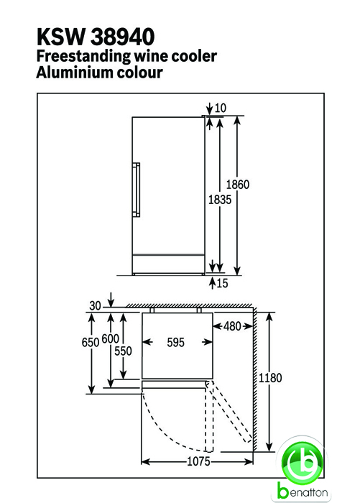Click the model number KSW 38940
tap(96, 37)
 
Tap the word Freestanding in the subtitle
tap(83, 57)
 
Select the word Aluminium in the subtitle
tap(75, 72)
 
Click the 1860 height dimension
tap(238, 185)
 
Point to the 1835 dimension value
tap(220, 200)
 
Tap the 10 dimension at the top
tap(221, 108)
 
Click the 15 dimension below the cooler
tap(222, 283)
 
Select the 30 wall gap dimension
tap(96, 305)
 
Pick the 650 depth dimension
tap(90, 342)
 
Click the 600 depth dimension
tap(111, 338)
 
